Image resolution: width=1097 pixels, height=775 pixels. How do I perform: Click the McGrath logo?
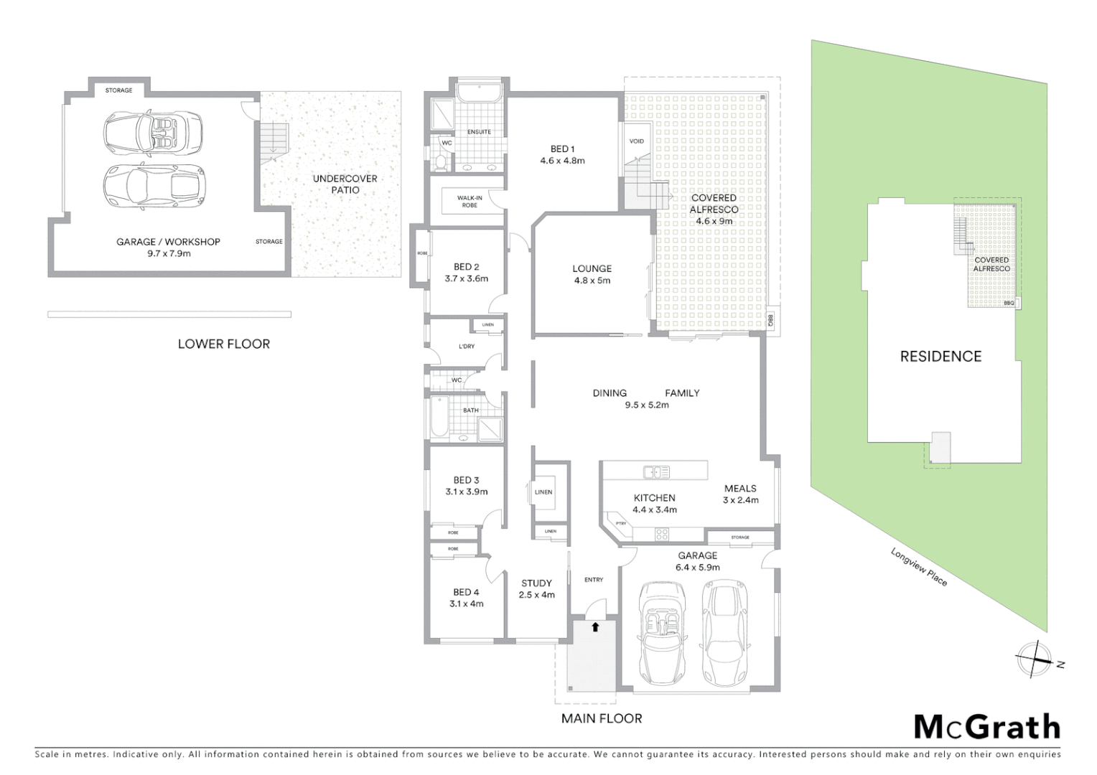(987, 727)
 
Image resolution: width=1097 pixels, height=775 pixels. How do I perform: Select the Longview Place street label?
(919, 567)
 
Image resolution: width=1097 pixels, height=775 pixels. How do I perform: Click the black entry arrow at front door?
(595, 626)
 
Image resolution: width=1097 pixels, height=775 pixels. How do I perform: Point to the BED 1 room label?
(562, 154)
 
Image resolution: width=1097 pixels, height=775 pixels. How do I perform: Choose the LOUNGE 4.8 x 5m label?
(592, 274)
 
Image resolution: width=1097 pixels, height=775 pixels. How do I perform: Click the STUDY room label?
(536, 588)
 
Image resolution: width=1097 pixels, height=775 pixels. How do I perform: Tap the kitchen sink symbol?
(656, 471)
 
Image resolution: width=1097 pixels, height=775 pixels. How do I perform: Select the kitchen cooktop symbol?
(661, 533)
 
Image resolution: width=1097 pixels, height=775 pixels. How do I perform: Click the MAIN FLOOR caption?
(602, 718)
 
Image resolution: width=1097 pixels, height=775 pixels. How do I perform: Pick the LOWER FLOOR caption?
(224, 344)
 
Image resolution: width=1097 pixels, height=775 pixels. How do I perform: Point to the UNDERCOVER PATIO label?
(345, 184)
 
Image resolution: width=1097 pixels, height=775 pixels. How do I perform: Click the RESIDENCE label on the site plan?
(940, 356)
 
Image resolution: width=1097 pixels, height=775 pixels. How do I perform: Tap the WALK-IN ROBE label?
(470, 202)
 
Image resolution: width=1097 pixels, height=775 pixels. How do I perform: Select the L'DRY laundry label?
(467, 347)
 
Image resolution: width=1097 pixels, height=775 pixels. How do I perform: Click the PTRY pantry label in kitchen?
(621, 524)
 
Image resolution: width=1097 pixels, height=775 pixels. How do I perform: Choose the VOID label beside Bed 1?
(637, 141)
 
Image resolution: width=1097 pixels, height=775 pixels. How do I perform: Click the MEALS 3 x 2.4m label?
(740, 494)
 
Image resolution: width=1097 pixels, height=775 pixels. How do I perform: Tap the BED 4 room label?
(466, 598)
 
